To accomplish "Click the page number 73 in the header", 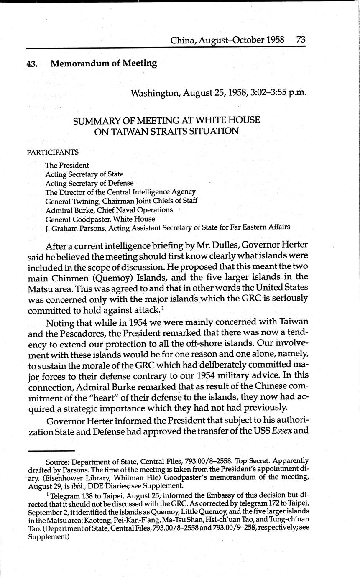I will pos(301,40).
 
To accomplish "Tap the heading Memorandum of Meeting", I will pos(104,64).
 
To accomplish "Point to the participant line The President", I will pos(67,165).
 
